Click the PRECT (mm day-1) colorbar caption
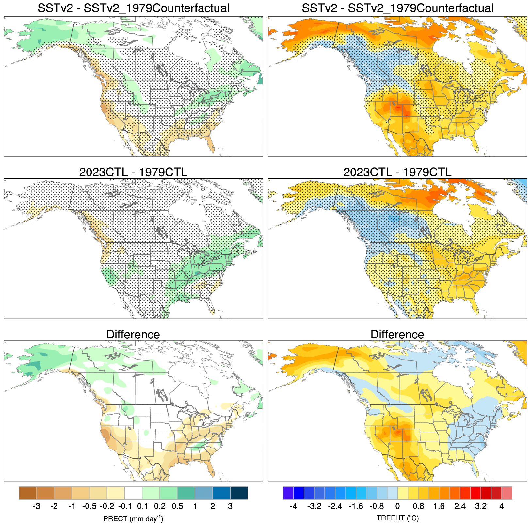coord(133,518)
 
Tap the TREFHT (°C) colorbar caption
coord(397,518)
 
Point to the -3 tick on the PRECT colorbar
coord(37,507)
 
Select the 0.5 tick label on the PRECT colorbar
coord(177,507)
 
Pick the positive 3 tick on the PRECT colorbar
coord(230,507)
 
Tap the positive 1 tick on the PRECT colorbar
coord(195,507)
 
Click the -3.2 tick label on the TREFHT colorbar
coord(314,507)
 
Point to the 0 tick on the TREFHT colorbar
coord(397,507)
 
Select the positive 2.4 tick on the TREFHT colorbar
coord(460,507)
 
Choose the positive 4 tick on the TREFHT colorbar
coord(502,507)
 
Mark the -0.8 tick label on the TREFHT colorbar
coord(377,507)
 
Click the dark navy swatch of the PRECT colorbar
coord(239,493)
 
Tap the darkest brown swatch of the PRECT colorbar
coord(28,493)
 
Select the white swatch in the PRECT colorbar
coord(133,493)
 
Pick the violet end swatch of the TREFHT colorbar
coord(288,493)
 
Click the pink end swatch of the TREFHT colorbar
coord(507,493)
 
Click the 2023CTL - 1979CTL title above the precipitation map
coord(133,172)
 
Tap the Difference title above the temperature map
coord(397,335)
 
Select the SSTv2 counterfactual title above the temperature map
coord(397,8)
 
